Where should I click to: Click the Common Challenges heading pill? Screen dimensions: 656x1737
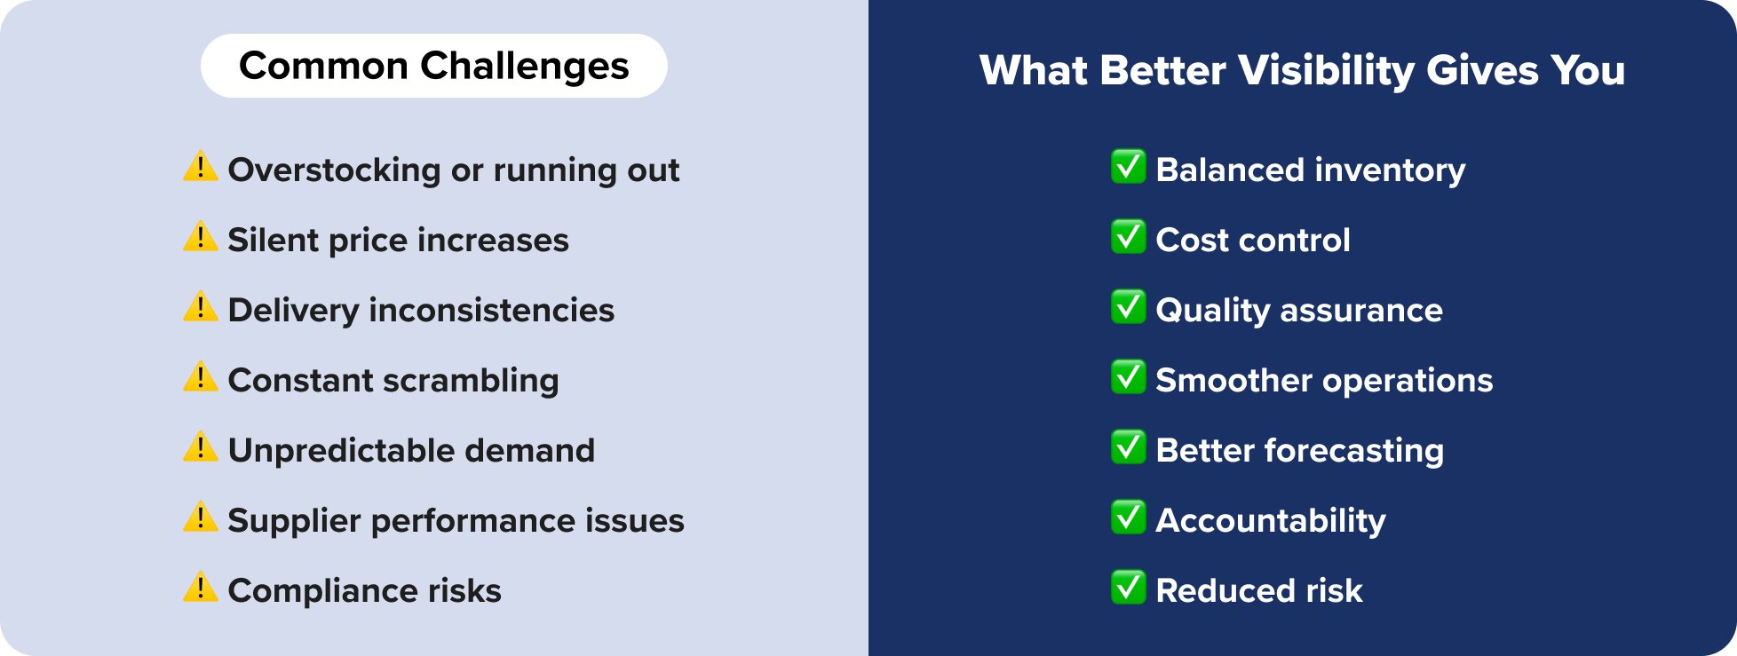(433, 66)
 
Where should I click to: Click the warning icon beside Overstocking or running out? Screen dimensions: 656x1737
(201, 166)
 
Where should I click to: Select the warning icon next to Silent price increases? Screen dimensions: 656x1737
(201, 237)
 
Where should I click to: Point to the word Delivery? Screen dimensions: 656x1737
(293, 310)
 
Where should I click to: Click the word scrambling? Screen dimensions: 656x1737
(471, 381)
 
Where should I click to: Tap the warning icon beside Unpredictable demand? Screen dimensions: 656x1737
(201, 447)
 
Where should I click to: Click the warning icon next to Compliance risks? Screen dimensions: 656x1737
(201, 588)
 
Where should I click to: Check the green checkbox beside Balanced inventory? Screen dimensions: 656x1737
(1128, 166)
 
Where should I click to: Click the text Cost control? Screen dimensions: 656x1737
(1252, 240)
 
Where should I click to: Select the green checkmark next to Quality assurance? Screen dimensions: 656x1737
(1128, 306)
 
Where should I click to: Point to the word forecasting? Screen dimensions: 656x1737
(1354, 451)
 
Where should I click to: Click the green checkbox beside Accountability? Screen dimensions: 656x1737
(1128, 517)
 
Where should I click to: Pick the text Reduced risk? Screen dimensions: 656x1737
(1258, 590)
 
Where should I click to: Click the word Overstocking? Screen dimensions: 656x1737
(334, 170)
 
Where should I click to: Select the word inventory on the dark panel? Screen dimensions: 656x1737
(1390, 170)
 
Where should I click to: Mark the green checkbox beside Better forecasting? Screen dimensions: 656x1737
(1128, 447)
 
